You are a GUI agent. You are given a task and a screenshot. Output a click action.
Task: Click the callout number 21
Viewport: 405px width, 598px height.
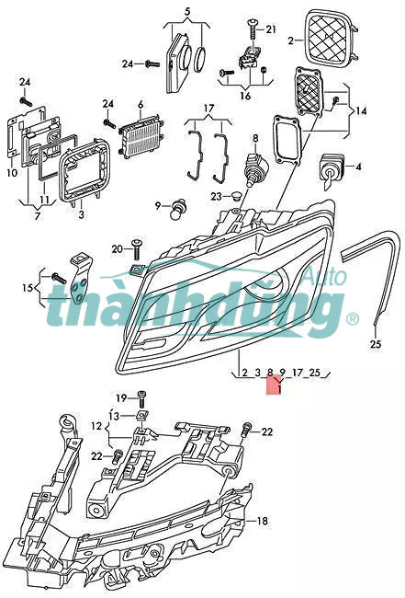[x=271, y=29]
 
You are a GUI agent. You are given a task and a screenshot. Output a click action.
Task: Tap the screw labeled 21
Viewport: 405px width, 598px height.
[x=253, y=29]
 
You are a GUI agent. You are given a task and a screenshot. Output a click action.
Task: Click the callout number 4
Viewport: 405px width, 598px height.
[x=358, y=167]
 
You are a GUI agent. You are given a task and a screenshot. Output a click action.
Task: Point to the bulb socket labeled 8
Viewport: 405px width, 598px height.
[x=255, y=167]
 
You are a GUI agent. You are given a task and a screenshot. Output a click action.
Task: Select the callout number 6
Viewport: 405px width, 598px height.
[x=141, y=104]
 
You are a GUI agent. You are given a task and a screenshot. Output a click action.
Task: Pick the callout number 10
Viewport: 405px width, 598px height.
[x=12, y=173]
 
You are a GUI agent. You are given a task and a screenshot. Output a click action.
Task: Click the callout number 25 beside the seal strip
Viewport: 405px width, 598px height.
[x=376, y=344]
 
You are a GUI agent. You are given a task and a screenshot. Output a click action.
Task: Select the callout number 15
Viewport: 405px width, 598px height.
[x=28, y=288]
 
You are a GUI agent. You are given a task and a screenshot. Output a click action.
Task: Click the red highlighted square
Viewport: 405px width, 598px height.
[x=274, y=385]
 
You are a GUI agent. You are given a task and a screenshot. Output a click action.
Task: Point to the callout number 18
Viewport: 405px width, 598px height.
[x=263, y=521]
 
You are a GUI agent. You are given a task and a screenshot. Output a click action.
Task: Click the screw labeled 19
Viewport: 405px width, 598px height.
[x=141, y=399]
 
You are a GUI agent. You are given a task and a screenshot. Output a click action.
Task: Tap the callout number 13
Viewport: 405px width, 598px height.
[x=114, y=417]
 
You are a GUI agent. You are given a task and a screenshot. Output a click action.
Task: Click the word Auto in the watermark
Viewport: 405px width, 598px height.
[x=327, y=277]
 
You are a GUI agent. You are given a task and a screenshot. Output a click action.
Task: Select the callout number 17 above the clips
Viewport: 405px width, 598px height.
[x=209, y=109]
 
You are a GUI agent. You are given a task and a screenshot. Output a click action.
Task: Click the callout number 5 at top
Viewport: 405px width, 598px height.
[x=187, y=11]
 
